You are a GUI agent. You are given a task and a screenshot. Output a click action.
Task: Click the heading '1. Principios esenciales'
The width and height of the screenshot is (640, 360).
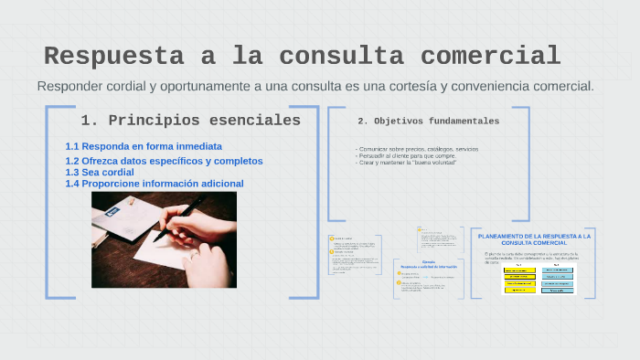click(190, 120)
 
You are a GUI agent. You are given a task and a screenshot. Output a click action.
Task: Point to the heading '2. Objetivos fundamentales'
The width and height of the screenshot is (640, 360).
click(428, 121)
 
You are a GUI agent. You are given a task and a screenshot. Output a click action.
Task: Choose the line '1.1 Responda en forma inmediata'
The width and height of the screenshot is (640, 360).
click(144, 146)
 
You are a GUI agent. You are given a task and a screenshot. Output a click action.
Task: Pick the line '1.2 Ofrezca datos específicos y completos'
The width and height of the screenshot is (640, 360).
click(164, 161)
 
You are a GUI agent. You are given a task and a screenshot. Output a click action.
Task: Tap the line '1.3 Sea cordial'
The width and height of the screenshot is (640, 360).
click(100, 172)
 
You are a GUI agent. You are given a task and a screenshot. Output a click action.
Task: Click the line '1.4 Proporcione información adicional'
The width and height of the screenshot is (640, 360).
click(154, 184)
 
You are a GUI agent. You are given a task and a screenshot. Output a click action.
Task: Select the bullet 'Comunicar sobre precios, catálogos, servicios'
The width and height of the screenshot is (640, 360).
click(418, 149)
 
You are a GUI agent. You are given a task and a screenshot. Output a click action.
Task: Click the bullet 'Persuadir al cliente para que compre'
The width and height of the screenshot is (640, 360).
click(407, 155)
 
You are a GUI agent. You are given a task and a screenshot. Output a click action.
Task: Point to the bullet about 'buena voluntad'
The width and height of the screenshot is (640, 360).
click(407, 162)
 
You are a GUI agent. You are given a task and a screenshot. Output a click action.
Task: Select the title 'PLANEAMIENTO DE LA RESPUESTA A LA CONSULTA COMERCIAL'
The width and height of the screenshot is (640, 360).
click(534, 239)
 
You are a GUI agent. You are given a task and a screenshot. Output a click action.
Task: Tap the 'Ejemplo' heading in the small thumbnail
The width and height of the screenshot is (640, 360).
click(428, 261)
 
